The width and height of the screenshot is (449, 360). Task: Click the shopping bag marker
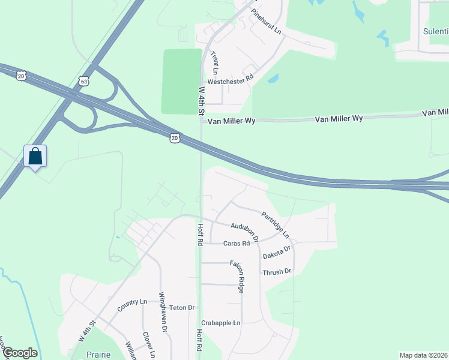[35, 157]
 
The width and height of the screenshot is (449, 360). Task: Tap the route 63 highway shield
[83, 80]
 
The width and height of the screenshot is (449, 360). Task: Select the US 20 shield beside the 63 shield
[22, 76]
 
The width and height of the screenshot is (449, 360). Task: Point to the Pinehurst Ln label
[266, 21]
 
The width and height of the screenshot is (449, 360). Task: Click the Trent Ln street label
[214, 62]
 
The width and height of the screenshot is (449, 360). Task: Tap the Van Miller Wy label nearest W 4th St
[232, 121]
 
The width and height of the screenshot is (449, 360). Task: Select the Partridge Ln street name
[275, 223]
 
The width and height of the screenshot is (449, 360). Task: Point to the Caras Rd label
[237, 244]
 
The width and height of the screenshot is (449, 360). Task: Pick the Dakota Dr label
[277, 251]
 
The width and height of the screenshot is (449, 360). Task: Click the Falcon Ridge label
[238, 276]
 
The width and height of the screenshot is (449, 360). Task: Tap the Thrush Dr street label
[277, 272]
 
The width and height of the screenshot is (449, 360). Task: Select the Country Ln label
[132, 305]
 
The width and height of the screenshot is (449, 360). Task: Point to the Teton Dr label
[182, 308]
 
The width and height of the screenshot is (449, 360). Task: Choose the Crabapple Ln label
[221, 323]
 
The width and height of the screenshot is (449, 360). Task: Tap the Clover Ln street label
[149, 346]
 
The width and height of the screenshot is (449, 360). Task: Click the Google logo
[20, 353]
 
